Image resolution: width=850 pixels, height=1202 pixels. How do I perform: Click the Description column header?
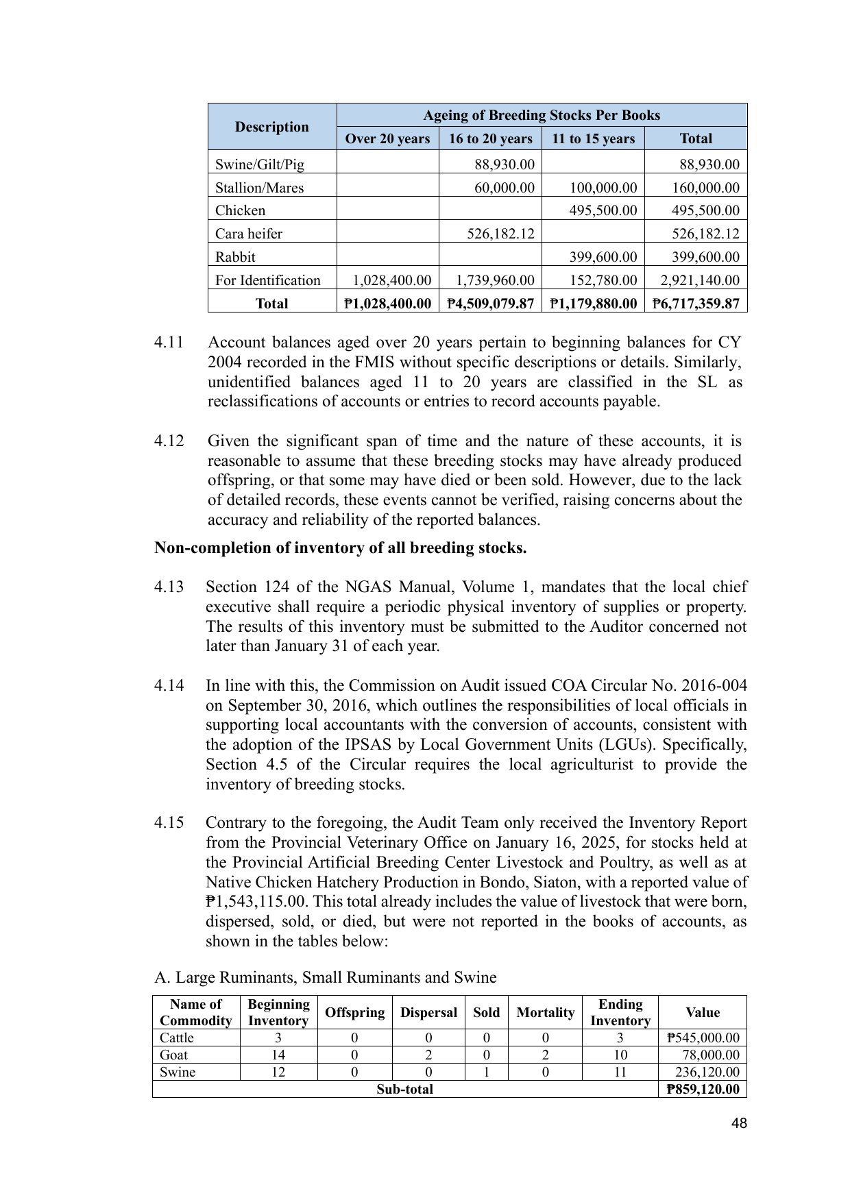click(x=271, y=127)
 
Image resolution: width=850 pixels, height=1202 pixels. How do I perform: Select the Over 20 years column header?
click(x=387, y=138)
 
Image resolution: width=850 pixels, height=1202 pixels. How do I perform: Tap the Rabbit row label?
click(x=235, y=257)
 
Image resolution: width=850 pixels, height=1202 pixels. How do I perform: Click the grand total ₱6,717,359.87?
click(x=696, y=304)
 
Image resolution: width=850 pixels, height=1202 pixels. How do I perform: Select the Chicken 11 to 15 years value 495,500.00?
click(x=603, y=210)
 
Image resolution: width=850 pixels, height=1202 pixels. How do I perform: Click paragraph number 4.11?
click(x=169, y=342)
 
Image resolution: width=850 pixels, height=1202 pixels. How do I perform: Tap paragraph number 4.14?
click(x=169, y=686)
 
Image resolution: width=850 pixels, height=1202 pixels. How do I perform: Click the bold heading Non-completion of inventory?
click(x=340, y=548)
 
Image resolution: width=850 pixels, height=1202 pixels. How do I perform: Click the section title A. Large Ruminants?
click(x=326, y=977)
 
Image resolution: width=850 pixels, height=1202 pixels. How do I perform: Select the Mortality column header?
click(x=545, y=1012)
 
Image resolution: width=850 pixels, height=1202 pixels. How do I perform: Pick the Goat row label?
click(x=173, y=1055)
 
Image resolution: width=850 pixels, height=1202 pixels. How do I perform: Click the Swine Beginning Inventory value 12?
click(x=278, y=1072)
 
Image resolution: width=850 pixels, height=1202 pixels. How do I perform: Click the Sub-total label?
click(x=404, y=1089)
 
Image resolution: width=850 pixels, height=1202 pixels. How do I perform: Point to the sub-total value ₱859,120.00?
click(x=703, y=1089)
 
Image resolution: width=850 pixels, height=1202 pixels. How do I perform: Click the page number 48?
click(x=739, y=1123)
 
